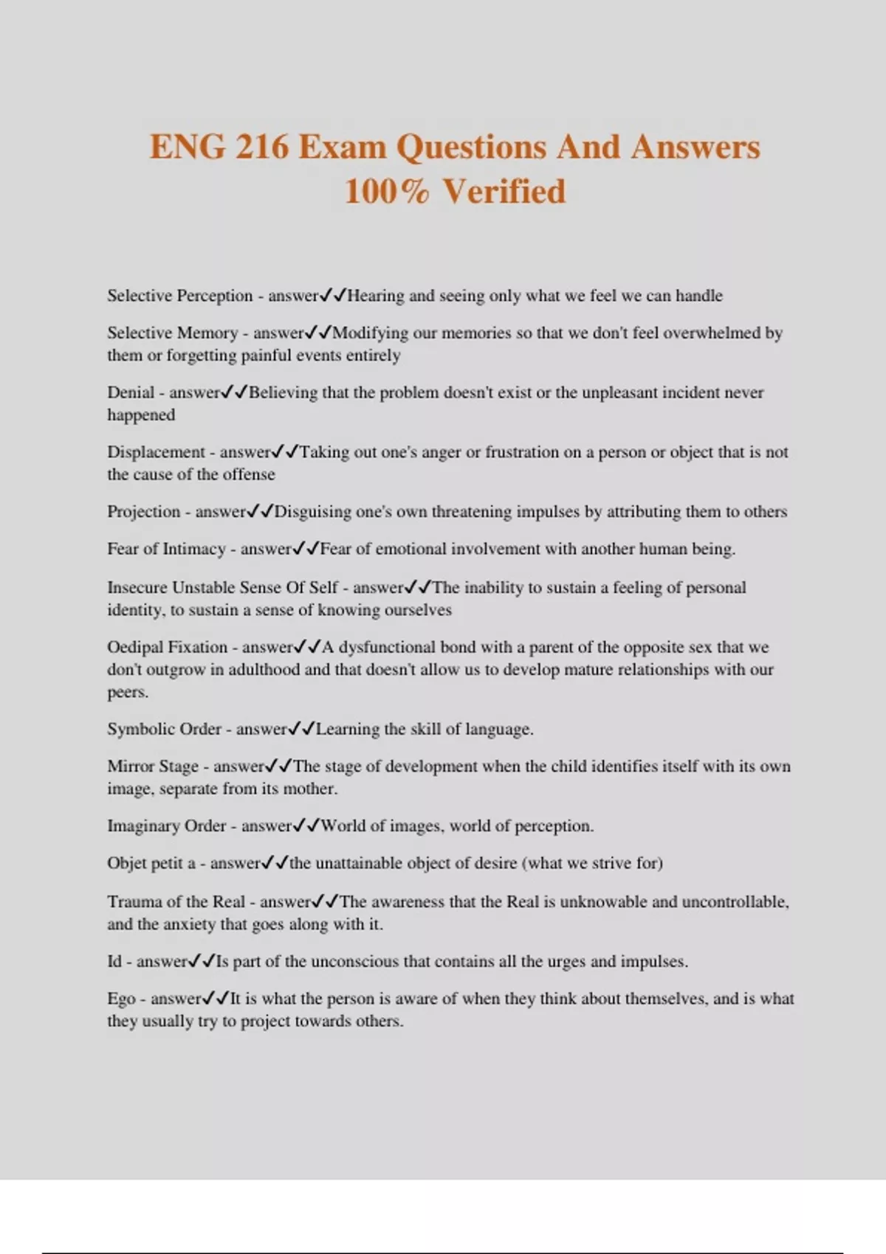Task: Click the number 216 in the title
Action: click(262, 146)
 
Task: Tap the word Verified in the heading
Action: click(504, 191)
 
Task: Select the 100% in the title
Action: click(386, 191)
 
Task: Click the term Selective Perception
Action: click(179, 296)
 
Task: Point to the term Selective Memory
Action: click(172, 333)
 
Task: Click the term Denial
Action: click(131, 392)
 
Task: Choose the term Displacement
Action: click(156, 452)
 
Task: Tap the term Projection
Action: click(143, 512)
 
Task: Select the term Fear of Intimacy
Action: click(166, 549)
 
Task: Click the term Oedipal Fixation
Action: click(167, 647)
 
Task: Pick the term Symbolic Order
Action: click(164, 729)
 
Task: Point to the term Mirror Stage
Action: click(153, 766)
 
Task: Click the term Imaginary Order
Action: click(166, 825)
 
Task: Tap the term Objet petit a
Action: click(151, 863)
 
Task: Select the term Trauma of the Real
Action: click(176, 901)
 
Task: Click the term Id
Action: click(114, 961)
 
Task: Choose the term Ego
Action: click(121, 999)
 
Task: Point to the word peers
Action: click(127, 693)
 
